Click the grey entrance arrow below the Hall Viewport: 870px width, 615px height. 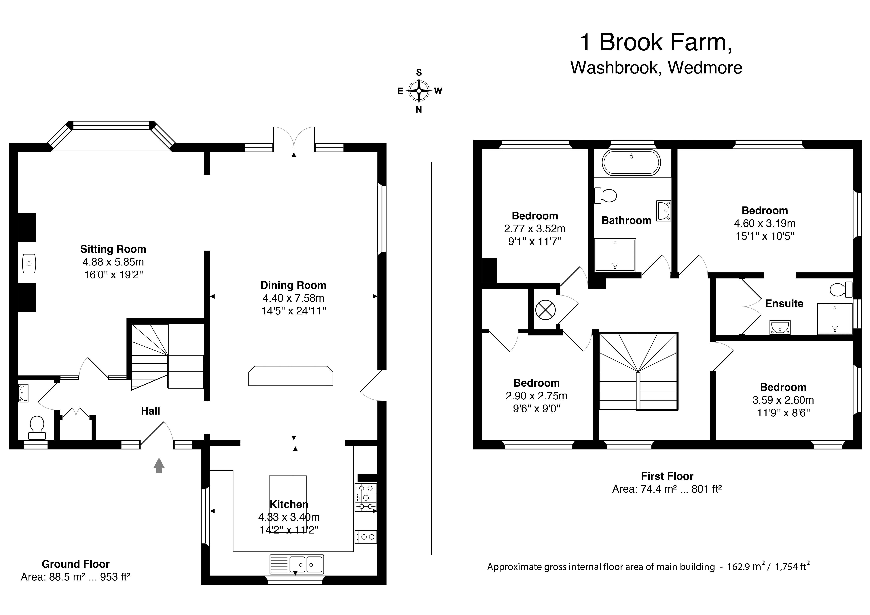click(x=159, y=465)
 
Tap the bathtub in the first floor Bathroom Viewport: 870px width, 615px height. click(x=631, y=163)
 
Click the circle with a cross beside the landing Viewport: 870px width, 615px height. click(x=545, y=310)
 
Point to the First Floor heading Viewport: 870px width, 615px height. click(x=667, y=476)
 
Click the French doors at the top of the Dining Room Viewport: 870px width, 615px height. click(x=294, y=138)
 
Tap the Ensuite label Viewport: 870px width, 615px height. click(x=784, y=303)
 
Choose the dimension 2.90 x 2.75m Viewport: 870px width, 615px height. click(x=536, y=396)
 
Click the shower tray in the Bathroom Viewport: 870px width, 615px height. click(x=615, y=255)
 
